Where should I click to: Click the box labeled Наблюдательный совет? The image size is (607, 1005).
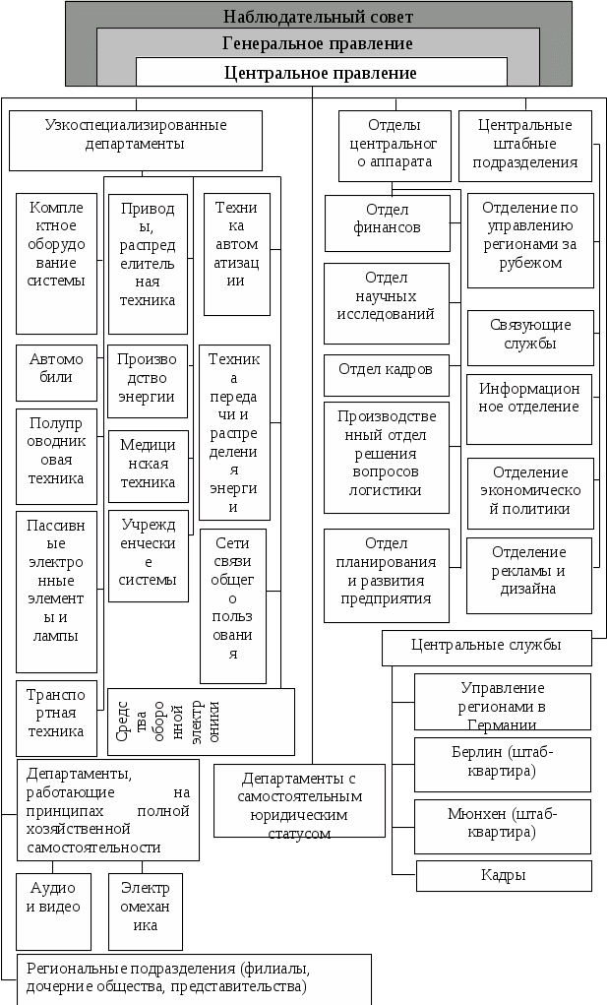point(319,16)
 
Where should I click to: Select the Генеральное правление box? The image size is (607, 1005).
point(318,43)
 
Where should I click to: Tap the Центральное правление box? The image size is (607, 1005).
point(321,72)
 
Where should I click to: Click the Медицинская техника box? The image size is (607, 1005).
point(148,463)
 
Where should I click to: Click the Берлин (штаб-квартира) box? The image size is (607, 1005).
point(502,764)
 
